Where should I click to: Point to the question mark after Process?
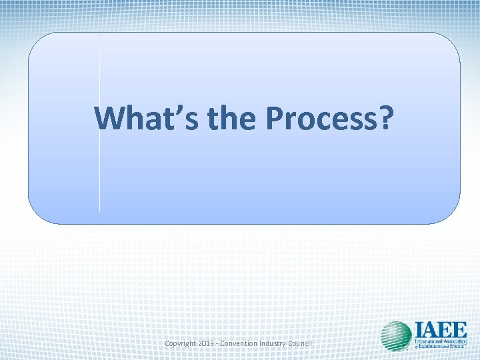click(386, 118)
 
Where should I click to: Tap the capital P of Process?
click(275, 118)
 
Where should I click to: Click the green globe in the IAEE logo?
click(396, 336)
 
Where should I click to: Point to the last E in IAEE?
click(459, 329)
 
